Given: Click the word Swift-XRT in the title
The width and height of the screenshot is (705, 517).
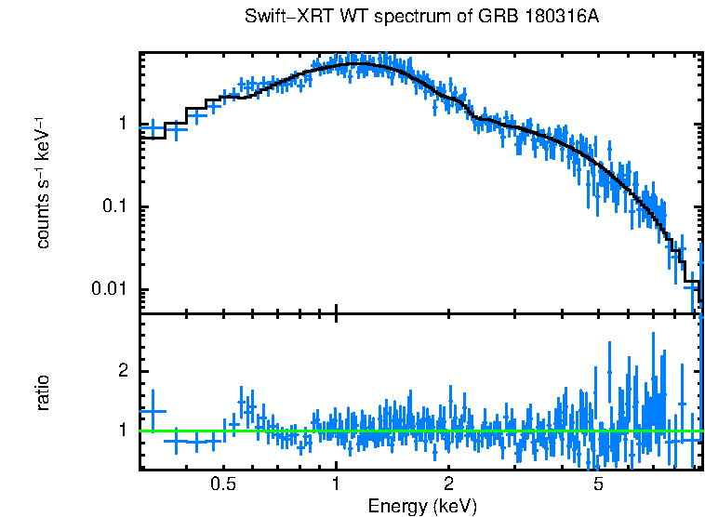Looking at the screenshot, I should (x=281, y=18).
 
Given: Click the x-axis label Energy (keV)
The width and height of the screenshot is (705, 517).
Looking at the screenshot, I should (x=422, y=506).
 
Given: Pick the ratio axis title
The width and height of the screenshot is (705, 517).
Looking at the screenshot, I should (x=42, y=391).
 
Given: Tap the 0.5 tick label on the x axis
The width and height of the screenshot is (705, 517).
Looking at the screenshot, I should (x=222, y=484).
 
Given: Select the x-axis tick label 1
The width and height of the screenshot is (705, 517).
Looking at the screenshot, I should (x=337, y=484).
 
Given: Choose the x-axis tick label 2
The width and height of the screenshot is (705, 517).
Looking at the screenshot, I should (x=448, y=484).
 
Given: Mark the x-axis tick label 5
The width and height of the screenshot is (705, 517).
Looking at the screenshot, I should (x=598, y=484).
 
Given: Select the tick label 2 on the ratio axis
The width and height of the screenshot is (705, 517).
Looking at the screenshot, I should (x=123, y=371).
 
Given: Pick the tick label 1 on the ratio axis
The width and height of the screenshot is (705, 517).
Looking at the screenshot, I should (x=123, y=431).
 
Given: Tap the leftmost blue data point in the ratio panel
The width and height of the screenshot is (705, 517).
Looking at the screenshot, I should (x=152, y=411).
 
